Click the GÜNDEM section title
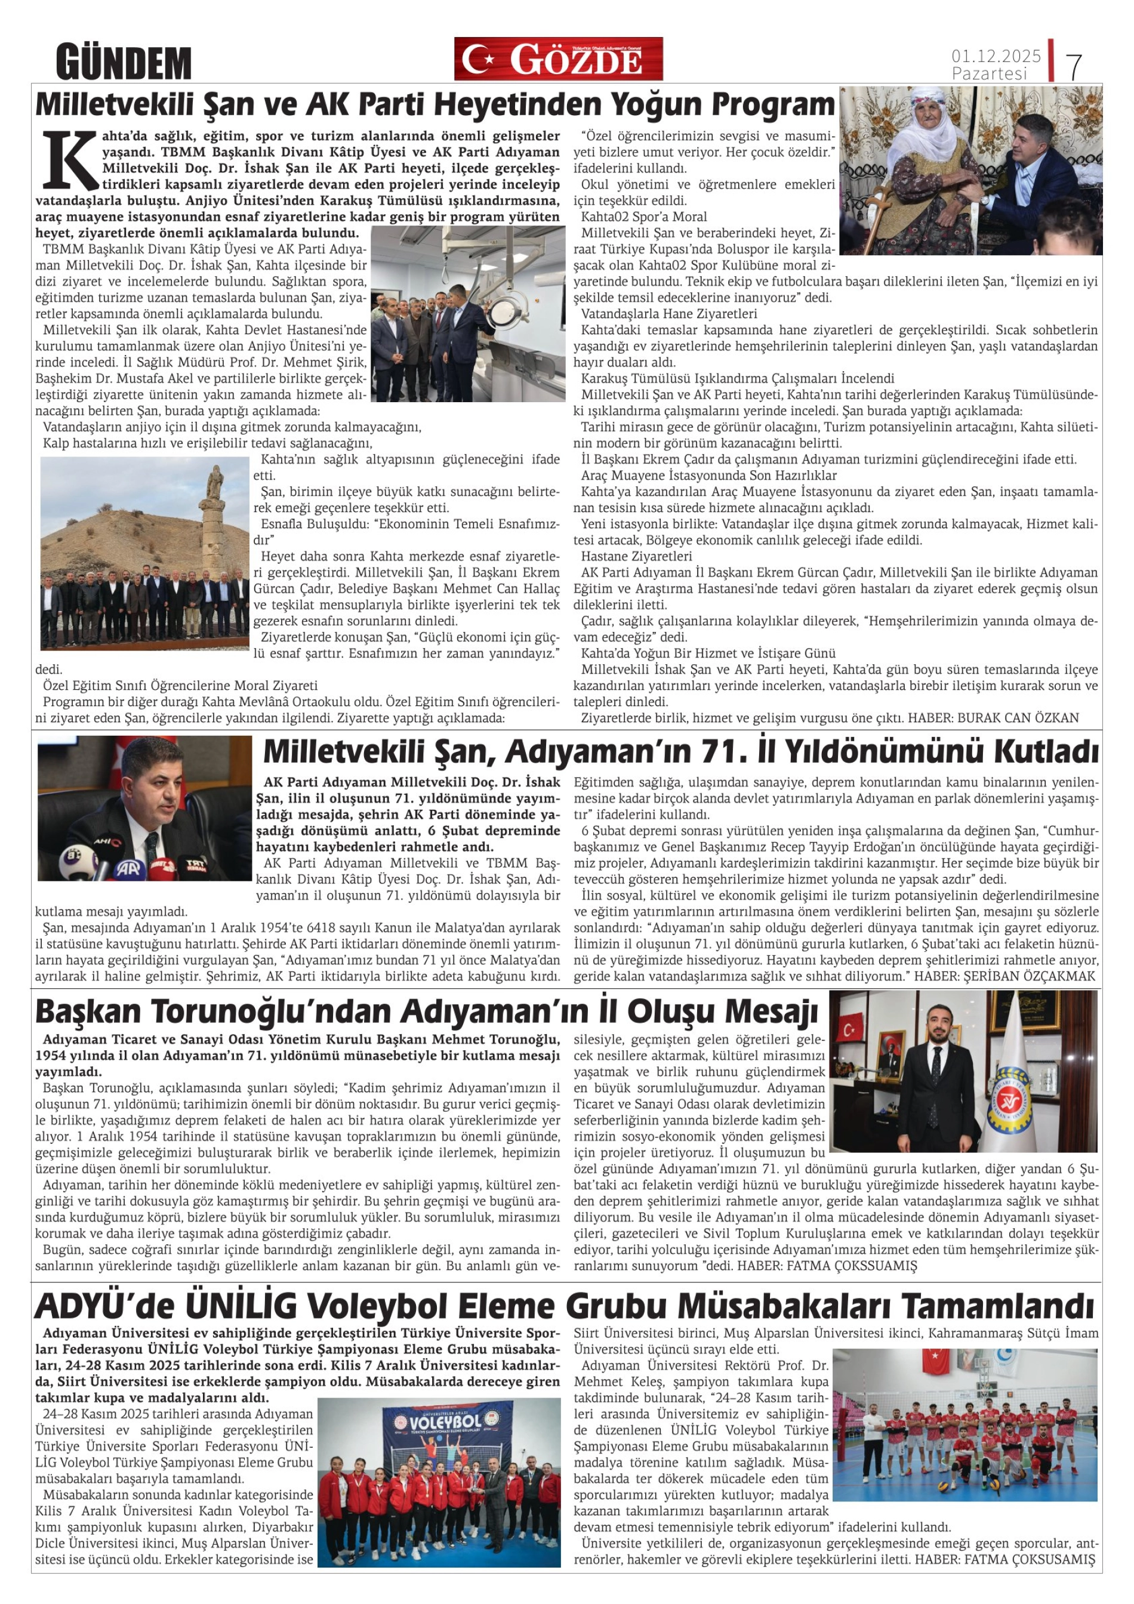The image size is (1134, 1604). (124, 62)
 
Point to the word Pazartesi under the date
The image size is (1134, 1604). (990, 73)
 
